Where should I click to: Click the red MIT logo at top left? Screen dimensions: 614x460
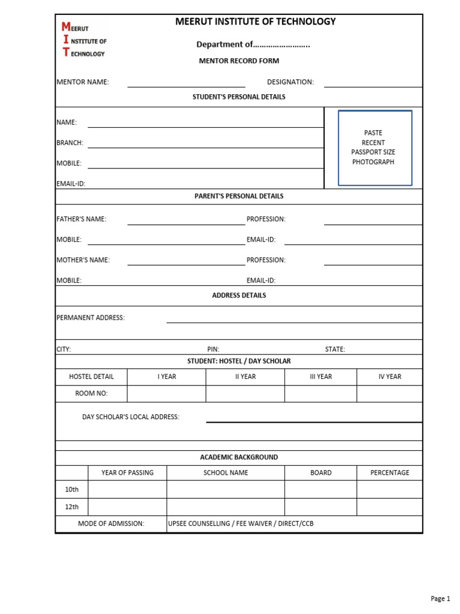tap(83, 40)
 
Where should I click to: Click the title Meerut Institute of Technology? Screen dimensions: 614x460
tap(255, 22)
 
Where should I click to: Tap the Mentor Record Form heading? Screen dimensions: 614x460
tap(239, 61)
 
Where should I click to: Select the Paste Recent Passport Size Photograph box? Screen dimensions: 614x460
tap(375, 148)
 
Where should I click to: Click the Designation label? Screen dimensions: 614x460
tap(290, 82)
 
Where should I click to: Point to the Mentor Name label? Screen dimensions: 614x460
tap(83, 82)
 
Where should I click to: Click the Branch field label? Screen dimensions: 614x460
tap(69, 143)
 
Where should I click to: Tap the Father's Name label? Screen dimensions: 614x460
tap(81, 219)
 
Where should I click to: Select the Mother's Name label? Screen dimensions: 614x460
tap(83, 260)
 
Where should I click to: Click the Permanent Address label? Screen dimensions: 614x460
tap(90, 318)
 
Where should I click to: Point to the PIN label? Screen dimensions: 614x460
tap(213, 350)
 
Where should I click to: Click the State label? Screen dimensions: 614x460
tap(335, 350)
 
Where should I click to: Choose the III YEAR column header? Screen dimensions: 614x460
tap(320, 377)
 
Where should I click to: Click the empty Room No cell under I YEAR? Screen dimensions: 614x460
tap(167, 394)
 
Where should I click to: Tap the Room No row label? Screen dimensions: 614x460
tap(91, 394)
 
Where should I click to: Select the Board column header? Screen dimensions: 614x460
tap(320, 472)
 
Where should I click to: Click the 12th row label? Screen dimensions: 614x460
tap(72, 507)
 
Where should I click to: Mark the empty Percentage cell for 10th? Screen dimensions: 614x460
tap(389, 490)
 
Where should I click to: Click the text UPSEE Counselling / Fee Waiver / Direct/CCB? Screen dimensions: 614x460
tap(241, 524)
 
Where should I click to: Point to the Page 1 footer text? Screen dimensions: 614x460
tap(440, 598)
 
